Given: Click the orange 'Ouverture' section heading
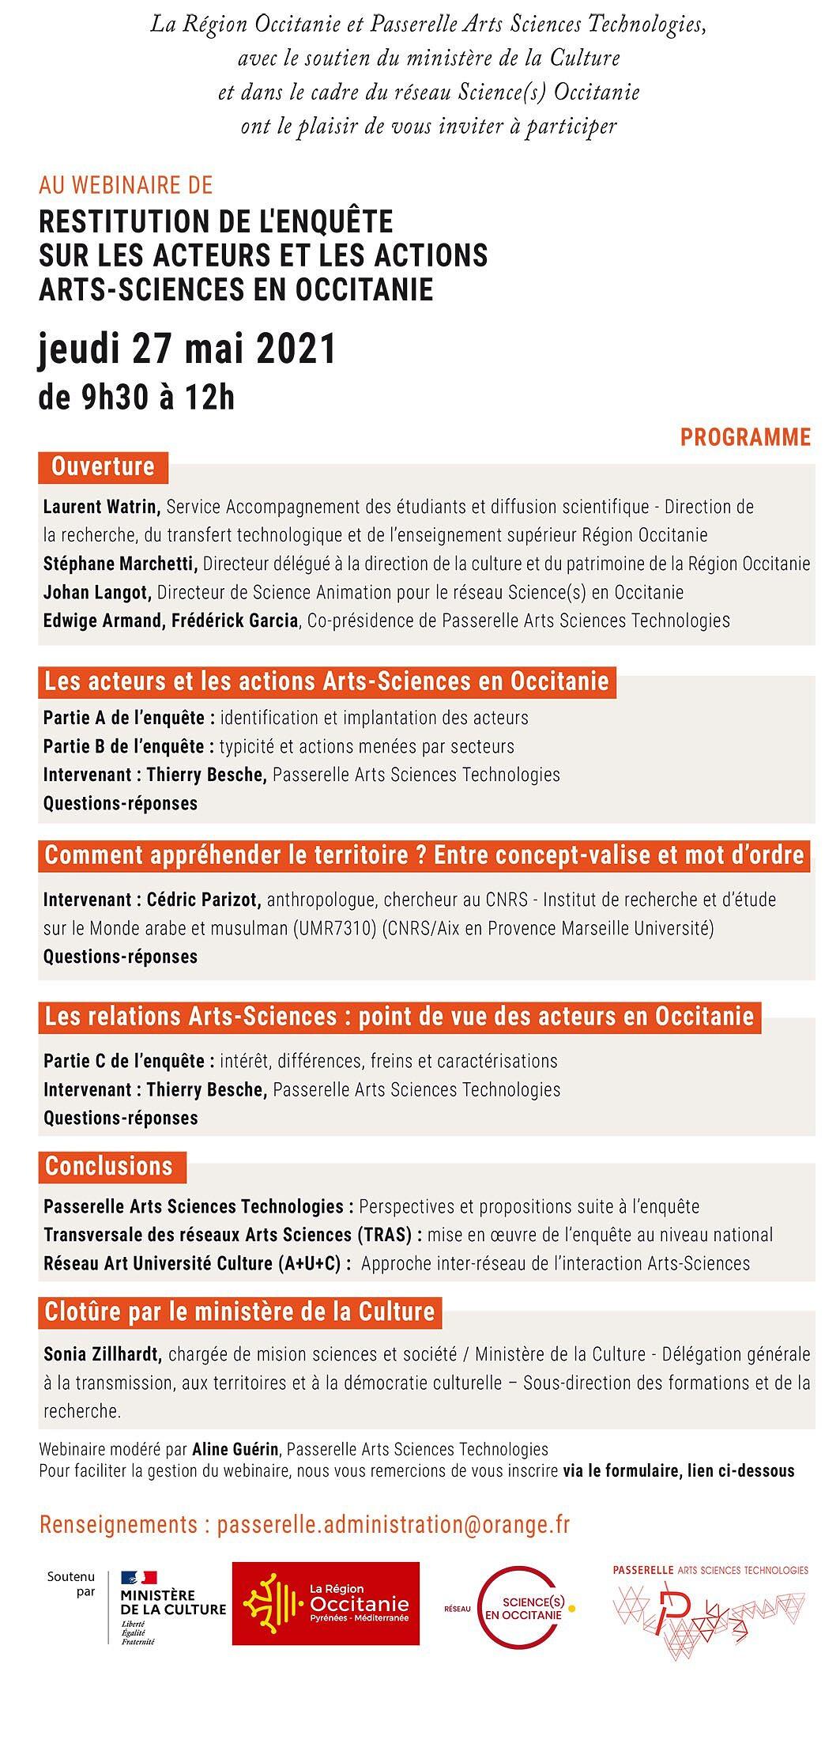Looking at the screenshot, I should (103, 466).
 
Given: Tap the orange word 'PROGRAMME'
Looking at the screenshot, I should (745, 437).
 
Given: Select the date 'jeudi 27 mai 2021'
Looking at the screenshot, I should (187, 349).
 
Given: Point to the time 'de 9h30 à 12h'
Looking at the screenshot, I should (137, 398).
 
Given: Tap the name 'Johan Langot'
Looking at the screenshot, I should (96, 592).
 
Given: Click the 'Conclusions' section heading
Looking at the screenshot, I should (108, 1166).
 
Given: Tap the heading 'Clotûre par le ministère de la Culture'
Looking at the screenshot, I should (239, 1311).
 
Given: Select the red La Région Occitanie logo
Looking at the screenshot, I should (326, 1603).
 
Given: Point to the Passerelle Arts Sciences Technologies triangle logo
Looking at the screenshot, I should (710, 1609).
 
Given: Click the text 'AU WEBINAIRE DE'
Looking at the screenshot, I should (126, 185).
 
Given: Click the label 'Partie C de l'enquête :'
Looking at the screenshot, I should (129, 1061).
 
